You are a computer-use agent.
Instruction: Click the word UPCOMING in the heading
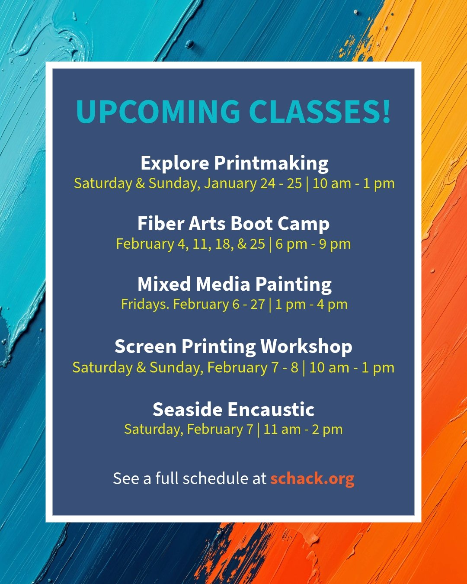(x=158, y=112)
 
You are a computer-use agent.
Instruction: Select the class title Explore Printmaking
(x=234, y=163)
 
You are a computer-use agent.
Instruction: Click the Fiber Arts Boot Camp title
(x=233, y=224)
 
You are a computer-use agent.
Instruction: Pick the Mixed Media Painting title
(x=234, y=284)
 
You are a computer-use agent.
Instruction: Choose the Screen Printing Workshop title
(x=233, y=347)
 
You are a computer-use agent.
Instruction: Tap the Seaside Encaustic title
(x=233, y=409)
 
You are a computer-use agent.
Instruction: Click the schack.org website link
(x=312, y=478)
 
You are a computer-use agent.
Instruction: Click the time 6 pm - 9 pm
(x=313, y=244)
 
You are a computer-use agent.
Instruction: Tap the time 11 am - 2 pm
(x=303, y=430)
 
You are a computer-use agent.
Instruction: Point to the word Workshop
(x=306, y=347)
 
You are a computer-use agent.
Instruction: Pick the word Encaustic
(x=271, y=409)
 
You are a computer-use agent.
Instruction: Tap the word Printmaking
(x=271, y=163)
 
